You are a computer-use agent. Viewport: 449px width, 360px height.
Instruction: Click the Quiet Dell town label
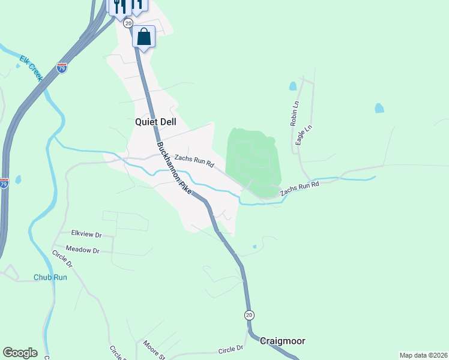point(155,121)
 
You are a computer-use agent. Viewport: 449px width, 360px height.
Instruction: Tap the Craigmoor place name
point(282,341)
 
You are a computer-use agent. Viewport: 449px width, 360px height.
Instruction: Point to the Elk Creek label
point(31,68)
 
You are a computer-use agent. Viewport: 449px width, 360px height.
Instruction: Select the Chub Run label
point(50,277)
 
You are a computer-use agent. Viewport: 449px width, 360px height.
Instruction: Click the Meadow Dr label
point(82,250)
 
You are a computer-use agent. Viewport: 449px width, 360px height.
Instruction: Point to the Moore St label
point(154,350)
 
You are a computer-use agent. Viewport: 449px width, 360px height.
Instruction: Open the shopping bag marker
point(144,37)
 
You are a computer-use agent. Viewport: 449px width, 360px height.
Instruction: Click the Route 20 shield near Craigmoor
point(250,315)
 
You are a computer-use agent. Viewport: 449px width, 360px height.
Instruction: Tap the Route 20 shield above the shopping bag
point(128,22)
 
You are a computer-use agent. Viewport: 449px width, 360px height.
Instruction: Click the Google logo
point(20,353)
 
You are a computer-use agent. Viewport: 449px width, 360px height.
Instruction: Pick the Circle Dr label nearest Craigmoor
point(231,349)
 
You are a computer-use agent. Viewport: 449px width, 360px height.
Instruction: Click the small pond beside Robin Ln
point(292,86)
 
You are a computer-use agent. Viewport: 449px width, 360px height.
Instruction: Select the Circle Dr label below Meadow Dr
point(62,259)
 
